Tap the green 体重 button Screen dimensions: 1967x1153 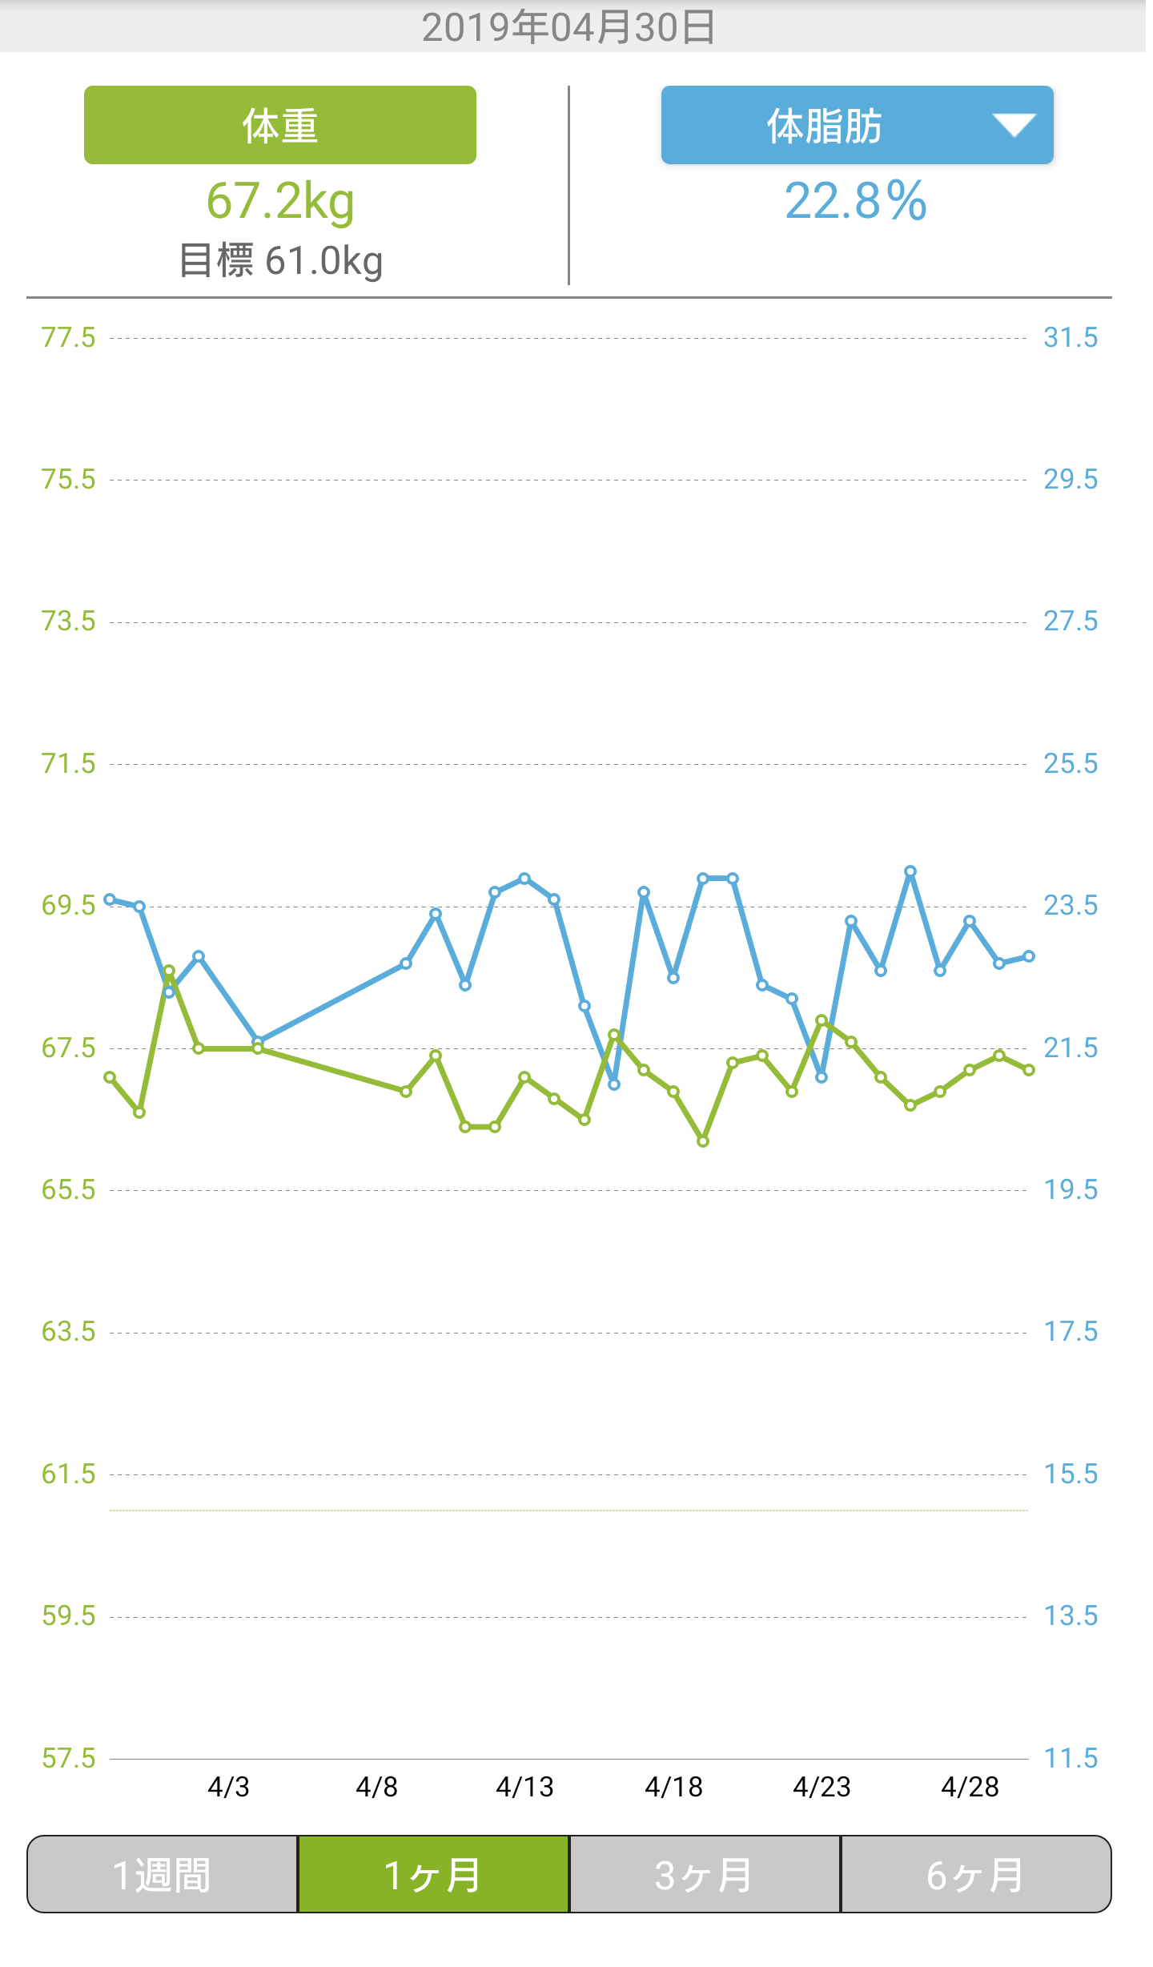click(x=279, y=125)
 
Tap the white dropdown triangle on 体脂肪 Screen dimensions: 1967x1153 click(x=1014, y=125)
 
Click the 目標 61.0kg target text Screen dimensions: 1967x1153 click(x=280, y=261)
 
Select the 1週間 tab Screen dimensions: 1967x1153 click(x=163, y=1875)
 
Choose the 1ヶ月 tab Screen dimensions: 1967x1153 click(x=433, y=1875)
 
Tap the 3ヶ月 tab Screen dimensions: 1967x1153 click(x=705, y=1875)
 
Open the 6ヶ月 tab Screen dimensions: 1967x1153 click(x=975, y=1875)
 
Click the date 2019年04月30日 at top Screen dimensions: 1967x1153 click(x=568, y=27)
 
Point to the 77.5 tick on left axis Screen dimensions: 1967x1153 click(x=68, y=338)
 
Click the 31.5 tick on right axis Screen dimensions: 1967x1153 click(x=1071, y=338)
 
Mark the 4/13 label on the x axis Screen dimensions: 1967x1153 click(x=524, y=1787)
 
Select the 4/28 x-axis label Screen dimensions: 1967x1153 click(x=970, y=1787)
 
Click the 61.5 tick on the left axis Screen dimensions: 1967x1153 click(x=68, y=1474)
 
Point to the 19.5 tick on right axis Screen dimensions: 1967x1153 click(x=1071, y=1190)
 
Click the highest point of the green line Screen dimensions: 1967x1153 click(x=169, y=971)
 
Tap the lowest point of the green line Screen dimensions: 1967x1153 click(x=703, y=1141)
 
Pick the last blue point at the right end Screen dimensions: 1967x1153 click(x=1029, y=956)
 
